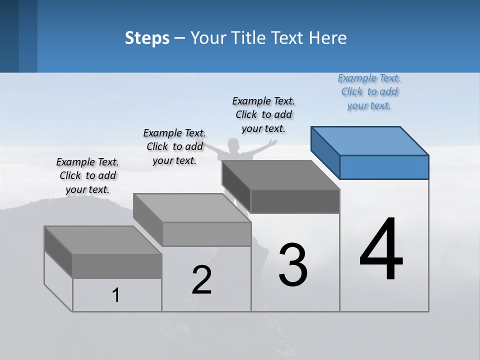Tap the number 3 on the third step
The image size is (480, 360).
[x=293, y=265]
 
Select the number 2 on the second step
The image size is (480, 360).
[x=202, y=280]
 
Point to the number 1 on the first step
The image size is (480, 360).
[x=116, y=295]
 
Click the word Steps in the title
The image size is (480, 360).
[x=147, y=38]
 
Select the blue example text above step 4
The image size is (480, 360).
[x=369, y=92]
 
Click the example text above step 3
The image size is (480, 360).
[x=263, y=114]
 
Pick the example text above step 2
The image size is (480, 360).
[x=174, y=146]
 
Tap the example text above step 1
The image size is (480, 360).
[x=87, y=175]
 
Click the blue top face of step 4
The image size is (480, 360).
[x=370, y=140]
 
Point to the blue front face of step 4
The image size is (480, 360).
[x=384, y=167]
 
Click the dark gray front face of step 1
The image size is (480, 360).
[x=117, y=266]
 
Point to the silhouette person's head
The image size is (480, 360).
[x=233, y=145]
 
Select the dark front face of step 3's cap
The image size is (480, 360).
[x=295, y=201]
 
